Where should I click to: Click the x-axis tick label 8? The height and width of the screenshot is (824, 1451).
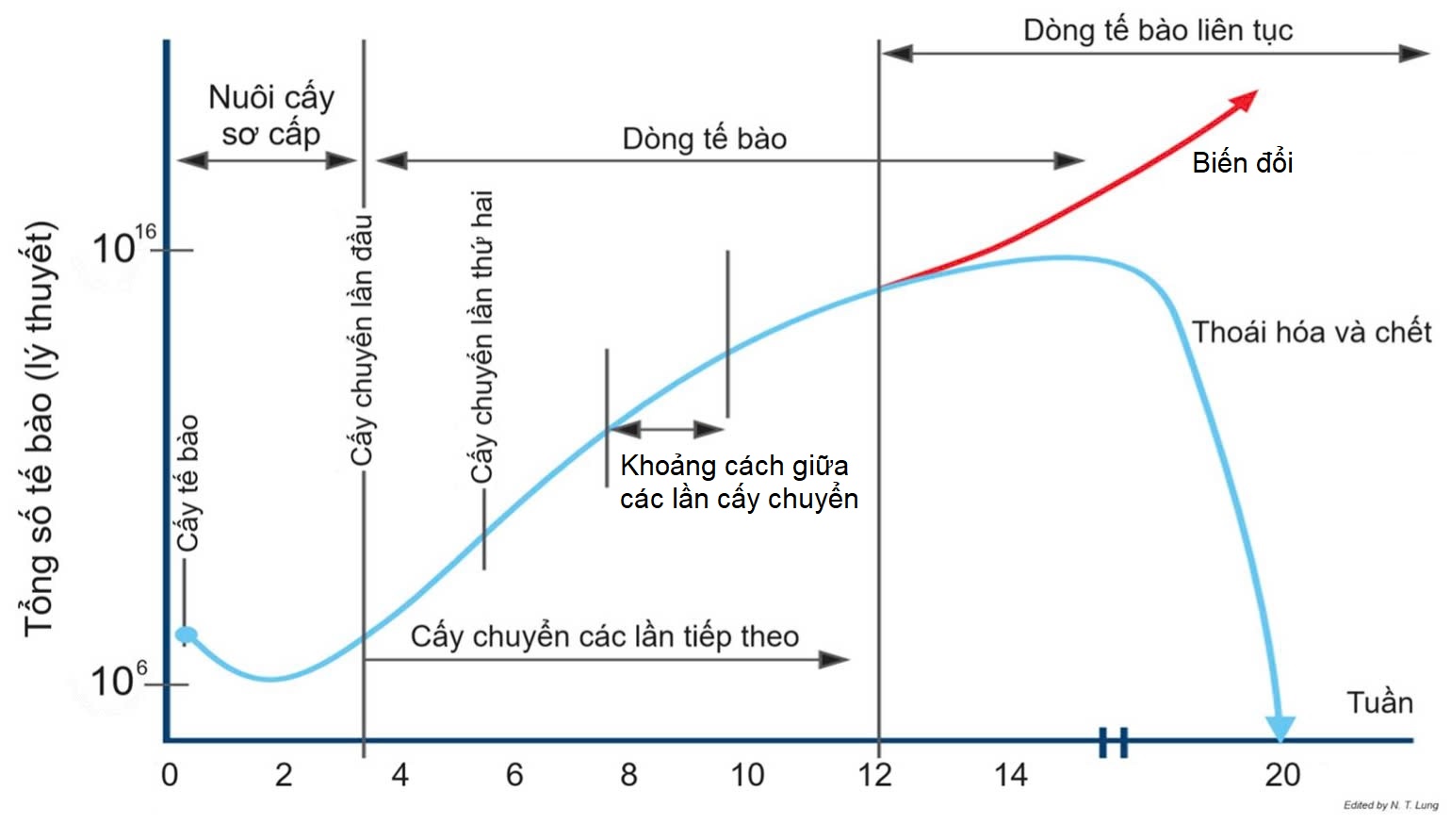628,775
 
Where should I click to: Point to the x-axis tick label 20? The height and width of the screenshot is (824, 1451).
1281,775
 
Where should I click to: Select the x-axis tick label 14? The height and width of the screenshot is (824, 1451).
1010,775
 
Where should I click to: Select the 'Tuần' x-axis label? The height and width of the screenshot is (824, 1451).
1379,703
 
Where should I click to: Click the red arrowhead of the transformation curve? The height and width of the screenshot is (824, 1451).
1245,99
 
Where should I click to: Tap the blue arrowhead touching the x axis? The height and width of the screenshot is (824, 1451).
1280,727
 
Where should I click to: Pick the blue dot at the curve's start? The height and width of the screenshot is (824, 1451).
187,635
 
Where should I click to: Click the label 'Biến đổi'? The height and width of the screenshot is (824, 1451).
1242,163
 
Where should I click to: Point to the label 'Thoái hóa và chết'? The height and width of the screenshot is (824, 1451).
1312,333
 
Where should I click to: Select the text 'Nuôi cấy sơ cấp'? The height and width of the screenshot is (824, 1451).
270,115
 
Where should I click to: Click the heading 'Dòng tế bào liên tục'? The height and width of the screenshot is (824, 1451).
1157,30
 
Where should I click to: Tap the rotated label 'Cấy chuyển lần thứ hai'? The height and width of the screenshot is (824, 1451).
481,337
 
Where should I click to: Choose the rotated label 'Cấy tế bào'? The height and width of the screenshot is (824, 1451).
188,483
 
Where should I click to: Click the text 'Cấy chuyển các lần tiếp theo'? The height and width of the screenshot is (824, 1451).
604,636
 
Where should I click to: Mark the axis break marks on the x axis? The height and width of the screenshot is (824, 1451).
1113,742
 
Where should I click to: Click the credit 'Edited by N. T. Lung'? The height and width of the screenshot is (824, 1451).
1390,805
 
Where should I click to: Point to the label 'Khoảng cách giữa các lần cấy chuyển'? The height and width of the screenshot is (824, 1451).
739,482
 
